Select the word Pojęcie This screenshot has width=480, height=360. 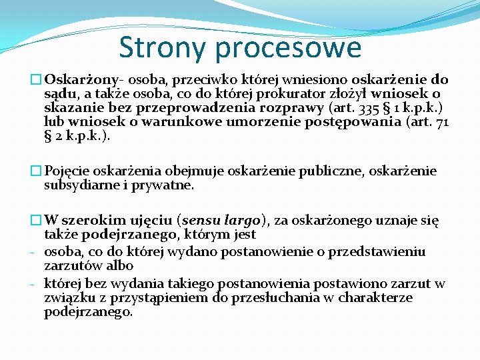67,171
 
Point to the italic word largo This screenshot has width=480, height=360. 243,221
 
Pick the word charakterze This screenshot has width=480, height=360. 375,297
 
